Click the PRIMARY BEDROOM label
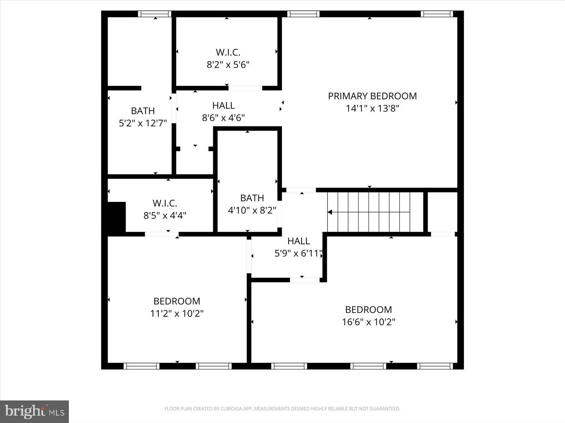372,96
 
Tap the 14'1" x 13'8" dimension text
372,108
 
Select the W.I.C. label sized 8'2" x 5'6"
228,53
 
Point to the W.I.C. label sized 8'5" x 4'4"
165,203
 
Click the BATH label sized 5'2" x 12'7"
143,111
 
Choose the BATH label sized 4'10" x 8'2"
252,198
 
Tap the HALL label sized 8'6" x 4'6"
224,105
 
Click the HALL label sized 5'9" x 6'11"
299,241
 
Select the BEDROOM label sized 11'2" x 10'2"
177,301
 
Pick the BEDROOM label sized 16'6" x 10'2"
368,309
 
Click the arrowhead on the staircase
330,212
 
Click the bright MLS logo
34,411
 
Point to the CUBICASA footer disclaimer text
282,409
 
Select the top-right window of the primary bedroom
436,14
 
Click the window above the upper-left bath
154,14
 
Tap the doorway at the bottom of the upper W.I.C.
245,88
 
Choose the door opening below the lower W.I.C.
161,234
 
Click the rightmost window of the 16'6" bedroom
435,366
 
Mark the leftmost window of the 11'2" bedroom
142,366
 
